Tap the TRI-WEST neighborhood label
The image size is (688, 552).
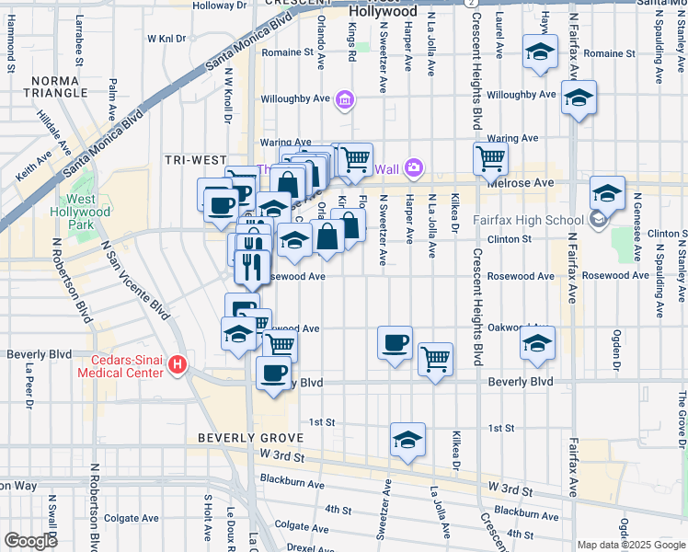click(x=195, y=159)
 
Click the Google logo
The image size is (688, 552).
click(x=30, y=540)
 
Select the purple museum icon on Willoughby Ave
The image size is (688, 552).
click(x=345, y=98)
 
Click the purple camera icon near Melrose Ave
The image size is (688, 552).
click(x=414, y=167)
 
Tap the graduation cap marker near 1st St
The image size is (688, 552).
click(x=407, y=441)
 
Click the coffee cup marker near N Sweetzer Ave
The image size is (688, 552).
click(x=395, y=343)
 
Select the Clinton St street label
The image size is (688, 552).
click(x=514, y=238)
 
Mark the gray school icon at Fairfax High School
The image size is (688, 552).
click(x=598, y=219)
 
